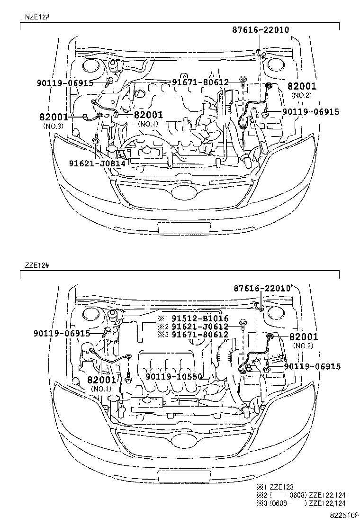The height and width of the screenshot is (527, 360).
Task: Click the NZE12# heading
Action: point(35,17)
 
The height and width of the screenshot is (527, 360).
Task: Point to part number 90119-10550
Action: point(174,377)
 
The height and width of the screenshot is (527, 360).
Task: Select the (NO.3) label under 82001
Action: point(53,126)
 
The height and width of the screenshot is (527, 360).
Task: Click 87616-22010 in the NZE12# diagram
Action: point(261,29)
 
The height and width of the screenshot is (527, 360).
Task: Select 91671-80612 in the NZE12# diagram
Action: point(200,82)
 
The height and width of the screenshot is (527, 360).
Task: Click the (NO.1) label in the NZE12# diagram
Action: point(148,124)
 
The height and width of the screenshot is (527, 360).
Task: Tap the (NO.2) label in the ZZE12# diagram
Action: point(301,346)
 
